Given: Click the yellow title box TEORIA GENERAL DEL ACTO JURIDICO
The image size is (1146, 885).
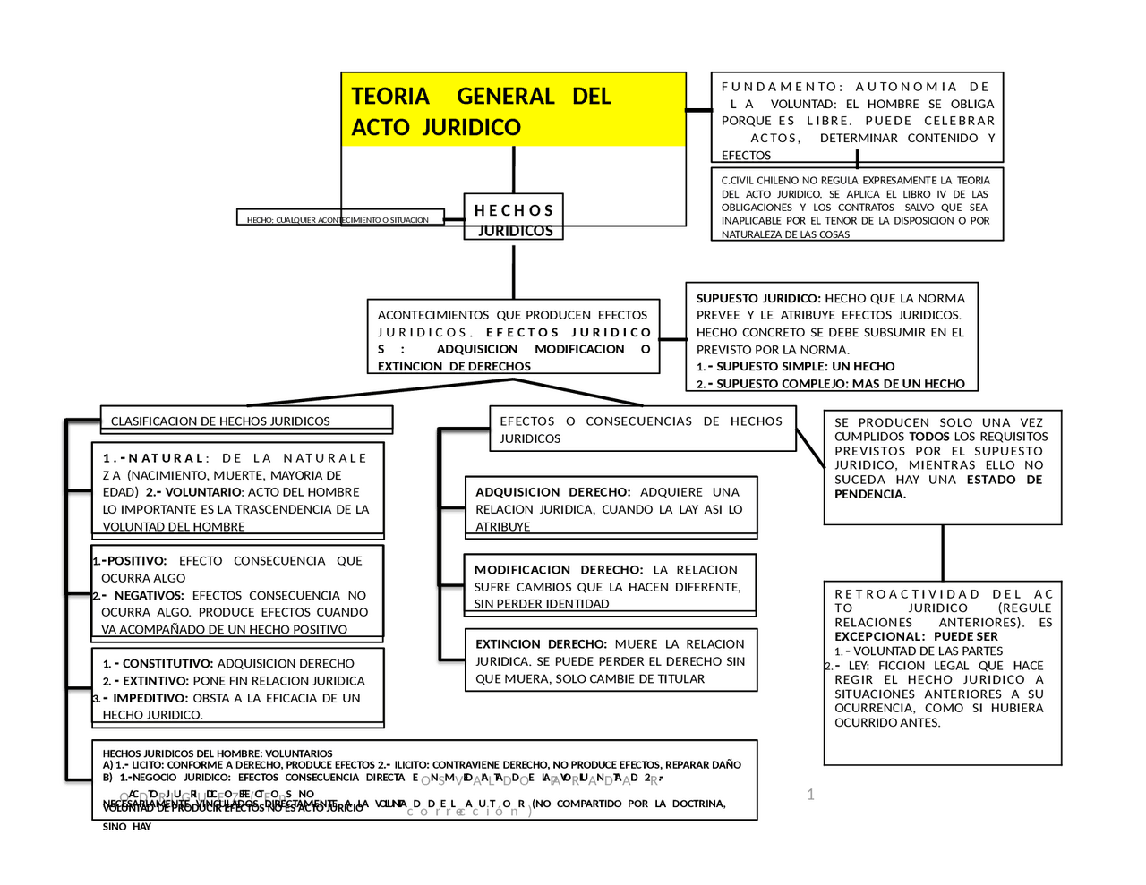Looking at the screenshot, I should point(513,110).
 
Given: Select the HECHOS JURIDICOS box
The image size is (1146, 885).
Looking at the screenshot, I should point(513,219).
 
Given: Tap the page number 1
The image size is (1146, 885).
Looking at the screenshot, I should point(810,795).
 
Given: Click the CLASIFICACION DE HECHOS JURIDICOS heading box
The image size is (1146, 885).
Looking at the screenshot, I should point(246,421).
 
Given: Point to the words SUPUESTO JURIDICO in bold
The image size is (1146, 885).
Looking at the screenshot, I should point(758,298).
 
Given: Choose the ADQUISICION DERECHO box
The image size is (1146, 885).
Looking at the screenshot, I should point(609,509).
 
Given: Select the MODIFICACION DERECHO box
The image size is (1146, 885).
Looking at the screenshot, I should point(608,586).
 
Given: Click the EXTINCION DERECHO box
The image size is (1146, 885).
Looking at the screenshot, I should point(610,661).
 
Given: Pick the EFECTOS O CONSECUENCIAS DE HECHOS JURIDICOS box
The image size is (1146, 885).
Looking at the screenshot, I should point(641,430).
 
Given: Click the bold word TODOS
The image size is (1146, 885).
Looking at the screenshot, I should point(928,437).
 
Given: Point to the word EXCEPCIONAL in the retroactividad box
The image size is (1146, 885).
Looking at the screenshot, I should point(877,637).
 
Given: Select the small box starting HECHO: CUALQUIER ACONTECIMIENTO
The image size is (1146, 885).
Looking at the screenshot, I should point(338,219).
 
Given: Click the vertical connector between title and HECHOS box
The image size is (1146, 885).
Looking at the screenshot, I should point(513,170).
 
